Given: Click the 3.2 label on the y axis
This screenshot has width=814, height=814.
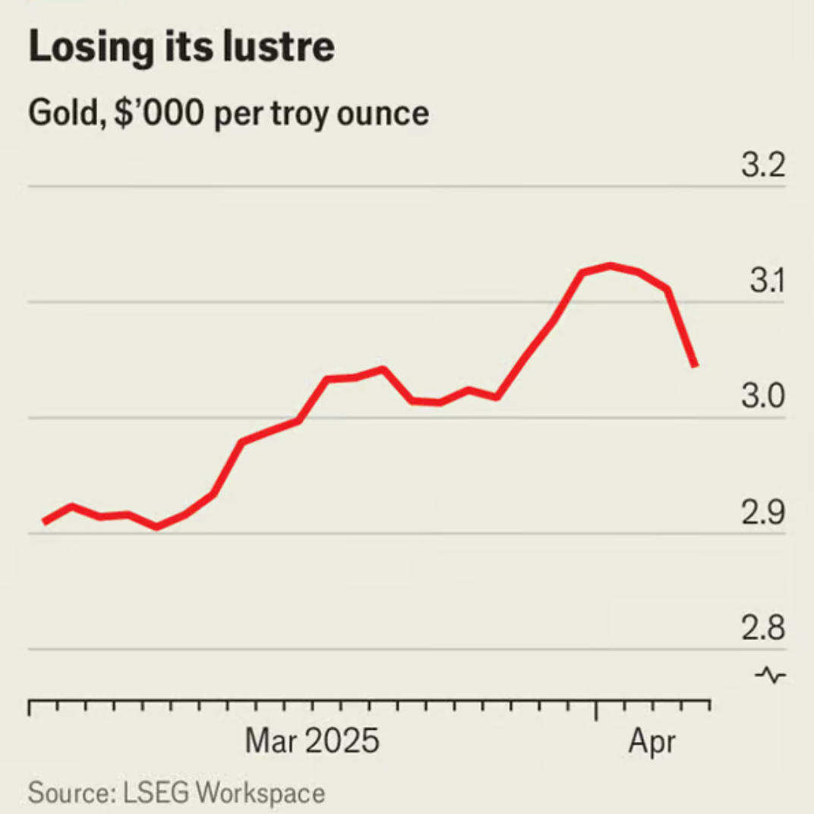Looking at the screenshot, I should tap(762, 165).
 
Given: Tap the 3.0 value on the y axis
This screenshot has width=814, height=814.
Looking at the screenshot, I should tap(762, 396).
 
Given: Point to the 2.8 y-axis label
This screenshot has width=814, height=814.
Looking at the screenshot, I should tap(762, 629).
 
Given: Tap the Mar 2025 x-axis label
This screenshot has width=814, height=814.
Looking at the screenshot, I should tap(312, 741).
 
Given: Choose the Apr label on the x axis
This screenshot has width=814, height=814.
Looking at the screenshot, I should tap(652, 741).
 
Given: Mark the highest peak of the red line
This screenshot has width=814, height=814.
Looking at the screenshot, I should tap(610, 265).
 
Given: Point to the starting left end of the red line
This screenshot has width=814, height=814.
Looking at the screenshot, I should tap(44, 522).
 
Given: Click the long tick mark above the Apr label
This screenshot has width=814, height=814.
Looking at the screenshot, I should tap(596, 710).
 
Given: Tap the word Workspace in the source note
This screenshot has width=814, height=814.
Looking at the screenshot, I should tap(260, 793).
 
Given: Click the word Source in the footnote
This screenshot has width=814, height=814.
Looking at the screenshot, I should tap(71, 793).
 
